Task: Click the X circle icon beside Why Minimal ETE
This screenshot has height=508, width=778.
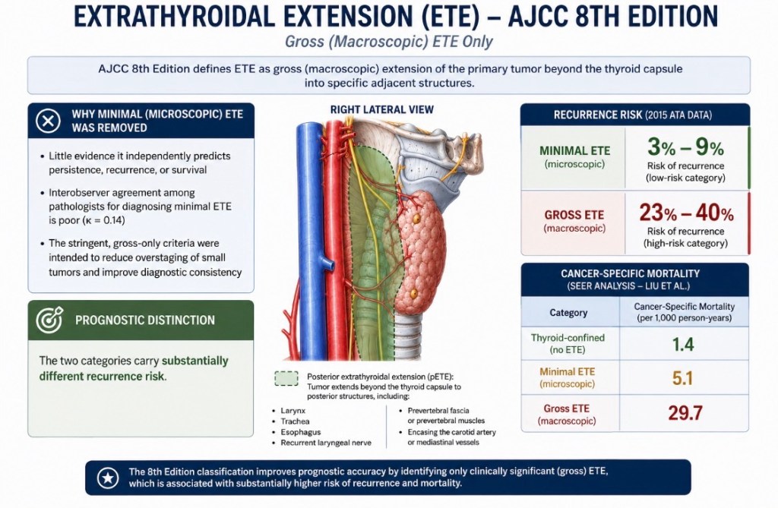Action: [x=48, y=121]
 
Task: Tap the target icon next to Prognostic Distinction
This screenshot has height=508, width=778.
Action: [x=49, y=320]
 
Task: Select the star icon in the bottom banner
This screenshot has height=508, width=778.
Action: [x=108, y=477]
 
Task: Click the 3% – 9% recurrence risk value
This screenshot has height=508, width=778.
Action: [x=685, y=147]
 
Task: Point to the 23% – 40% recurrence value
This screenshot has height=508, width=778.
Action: [x=686, y=213]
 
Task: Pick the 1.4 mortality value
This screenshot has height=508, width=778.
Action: [x=683, y=344]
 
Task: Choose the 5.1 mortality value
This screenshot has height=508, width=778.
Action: [x=683, y=378]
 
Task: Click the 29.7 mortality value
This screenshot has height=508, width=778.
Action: [x=685, y=413]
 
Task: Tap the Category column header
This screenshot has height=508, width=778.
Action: [x=568, y=313]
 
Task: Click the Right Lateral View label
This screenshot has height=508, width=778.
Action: [x=382, y=109]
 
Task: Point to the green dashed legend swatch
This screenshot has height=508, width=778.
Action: [x=286, y=378]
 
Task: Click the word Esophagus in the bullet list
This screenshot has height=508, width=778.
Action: [x=301, y=432]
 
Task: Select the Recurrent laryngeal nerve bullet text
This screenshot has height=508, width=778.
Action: [x=326, y=443]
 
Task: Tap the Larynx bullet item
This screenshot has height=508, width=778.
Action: [x=293, y=411]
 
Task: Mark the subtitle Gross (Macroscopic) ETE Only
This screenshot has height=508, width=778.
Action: [x=389, y=42]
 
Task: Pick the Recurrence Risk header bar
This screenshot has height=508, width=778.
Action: [x=635, y=115]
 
